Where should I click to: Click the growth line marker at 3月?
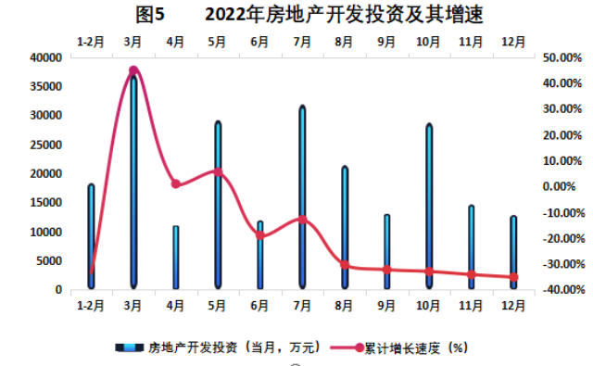coord(133,70)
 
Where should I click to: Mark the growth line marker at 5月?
coord(218,171)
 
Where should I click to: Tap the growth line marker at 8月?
coord(345,265)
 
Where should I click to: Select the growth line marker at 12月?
coord(513,277)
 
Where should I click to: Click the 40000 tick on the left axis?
coord(45,57)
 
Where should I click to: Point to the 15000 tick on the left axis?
coord(45,202)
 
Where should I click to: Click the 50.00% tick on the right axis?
coord(561,57)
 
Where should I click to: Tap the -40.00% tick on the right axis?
coord(561,290)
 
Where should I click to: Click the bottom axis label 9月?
coord(386,304)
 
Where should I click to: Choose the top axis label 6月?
coord(260,42)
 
